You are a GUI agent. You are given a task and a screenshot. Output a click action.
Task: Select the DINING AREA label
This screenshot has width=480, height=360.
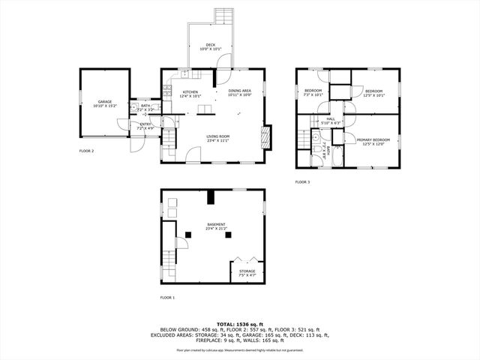click(x=241, y=93)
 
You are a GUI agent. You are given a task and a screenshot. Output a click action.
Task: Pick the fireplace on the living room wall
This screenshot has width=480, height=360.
click(x=264, y=137)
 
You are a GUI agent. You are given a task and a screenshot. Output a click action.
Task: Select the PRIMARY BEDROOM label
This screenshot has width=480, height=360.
click(x=373, y=141)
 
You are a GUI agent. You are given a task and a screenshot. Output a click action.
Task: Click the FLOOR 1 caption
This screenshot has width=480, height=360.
click(x=166, y=298)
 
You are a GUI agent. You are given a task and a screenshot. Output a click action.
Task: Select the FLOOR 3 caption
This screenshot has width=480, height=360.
click(x=302, y=182)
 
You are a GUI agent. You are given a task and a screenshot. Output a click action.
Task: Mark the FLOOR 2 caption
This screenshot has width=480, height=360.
click(x=87, y=151)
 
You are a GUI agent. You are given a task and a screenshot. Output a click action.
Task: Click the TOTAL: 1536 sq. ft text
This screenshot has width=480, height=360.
click(x=239, y=324)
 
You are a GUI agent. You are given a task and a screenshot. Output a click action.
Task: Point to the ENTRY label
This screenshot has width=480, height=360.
click(x=145, y=126)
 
